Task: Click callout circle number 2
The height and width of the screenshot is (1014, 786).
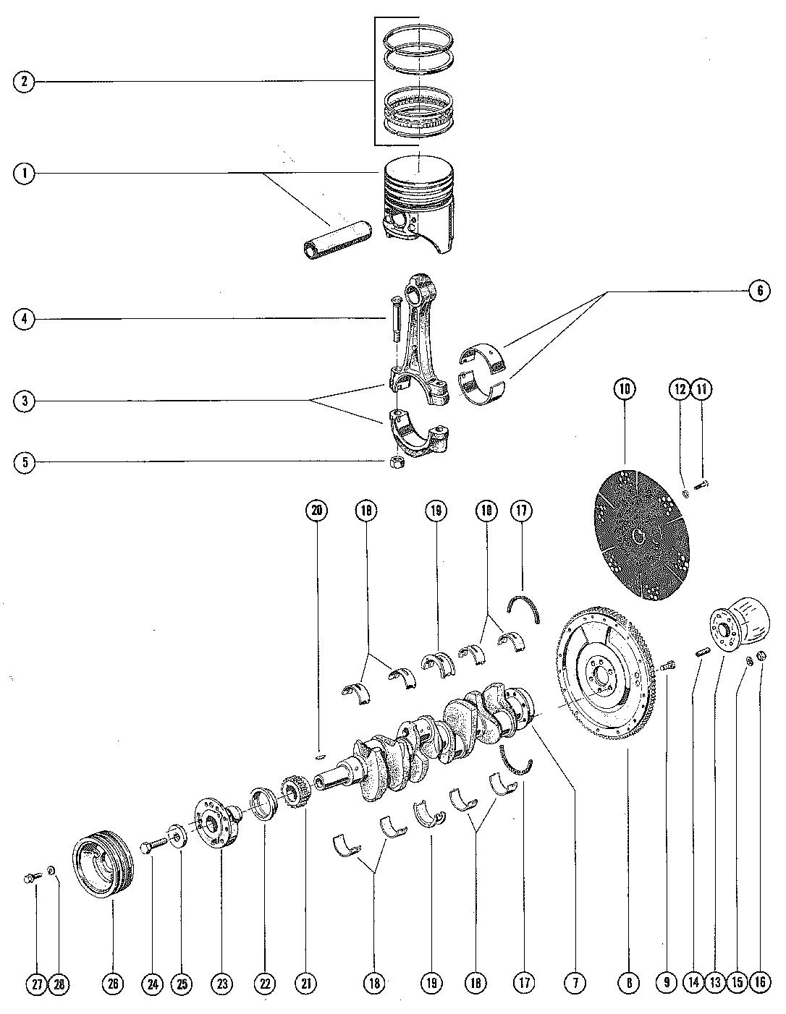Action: click(x=24, y=82)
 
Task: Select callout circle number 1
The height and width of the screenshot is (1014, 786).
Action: click(x=24, y=174)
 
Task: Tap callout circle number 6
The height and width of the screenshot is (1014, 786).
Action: click(x=760, y=291)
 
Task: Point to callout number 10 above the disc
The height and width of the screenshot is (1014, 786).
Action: click(x=625, y=388)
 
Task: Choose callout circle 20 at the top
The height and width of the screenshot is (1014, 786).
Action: click(x=316, y=511)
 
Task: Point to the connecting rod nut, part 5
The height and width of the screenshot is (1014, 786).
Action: click(x=397, y=464)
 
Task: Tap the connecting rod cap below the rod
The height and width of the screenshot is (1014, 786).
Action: click(x=418, y=433)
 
